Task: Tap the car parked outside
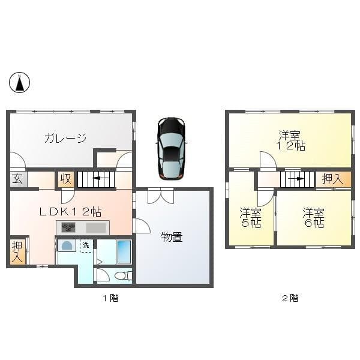tap(171, 148)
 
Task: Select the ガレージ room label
tap(64, 139)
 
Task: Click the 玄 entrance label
tap(17, 179)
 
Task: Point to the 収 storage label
tap(65, 179)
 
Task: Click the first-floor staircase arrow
tap(95, 179)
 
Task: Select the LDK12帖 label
tap(70, 211)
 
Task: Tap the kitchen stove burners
tap(68, 228)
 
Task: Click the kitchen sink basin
tap(95, 228)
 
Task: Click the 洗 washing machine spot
tap(86, 245)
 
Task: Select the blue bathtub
tap(124, 251)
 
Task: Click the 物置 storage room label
tap(172, 237)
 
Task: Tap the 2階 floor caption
tap(290, 298)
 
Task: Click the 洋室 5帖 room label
tap(250, 217)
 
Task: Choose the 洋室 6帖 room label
tap(313, 217)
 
